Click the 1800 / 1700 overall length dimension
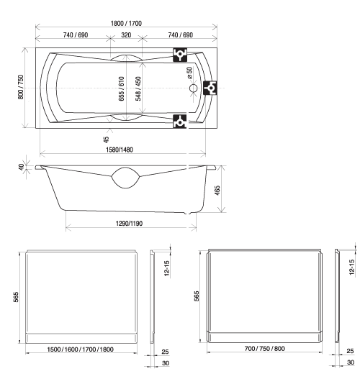(126, 23)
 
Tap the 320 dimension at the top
(126, 35)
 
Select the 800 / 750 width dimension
(21, 87)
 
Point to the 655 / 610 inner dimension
(122, 88)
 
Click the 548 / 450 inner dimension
(138, 88)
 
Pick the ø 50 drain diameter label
(189, 73)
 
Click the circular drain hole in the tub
(193, 88)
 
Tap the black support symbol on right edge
(210, 88)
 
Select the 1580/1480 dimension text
(120, 150)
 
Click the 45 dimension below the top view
(107, 140)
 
